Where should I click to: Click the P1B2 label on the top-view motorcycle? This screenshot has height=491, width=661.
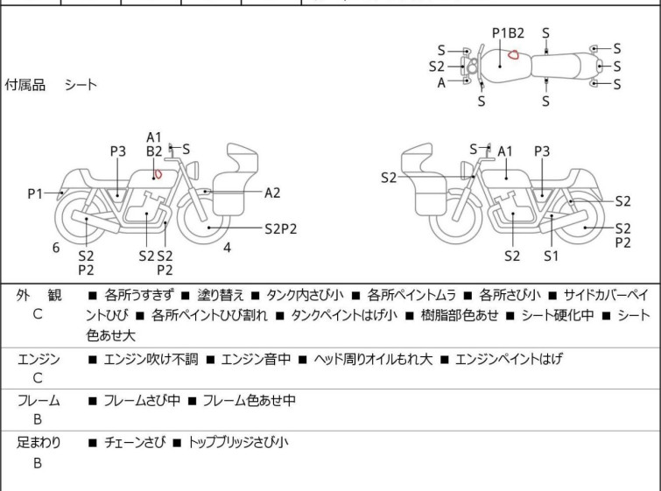(x=508, y=33)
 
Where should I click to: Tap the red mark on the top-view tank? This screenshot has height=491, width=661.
(x=515, y=55)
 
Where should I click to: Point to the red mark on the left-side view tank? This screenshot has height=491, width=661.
(x=158, y=173)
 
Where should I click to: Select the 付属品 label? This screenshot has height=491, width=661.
(x=25, y=85)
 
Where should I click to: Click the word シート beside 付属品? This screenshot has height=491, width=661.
(x=81, y=85)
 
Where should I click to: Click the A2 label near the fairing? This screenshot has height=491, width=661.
(x=272, y=193)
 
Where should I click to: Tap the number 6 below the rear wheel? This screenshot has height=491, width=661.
(x=56, y=248)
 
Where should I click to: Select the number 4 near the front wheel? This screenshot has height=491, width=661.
(x=227, y=248)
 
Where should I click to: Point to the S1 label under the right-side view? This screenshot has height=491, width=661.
(x=551, y=256)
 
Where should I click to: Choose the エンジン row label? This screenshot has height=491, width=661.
(x=39, y=358)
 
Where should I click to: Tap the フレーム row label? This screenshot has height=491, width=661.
(x=39, y=400)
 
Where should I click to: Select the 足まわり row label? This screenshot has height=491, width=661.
(x=39, y=442)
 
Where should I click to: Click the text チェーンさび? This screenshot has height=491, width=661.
(x=132, y=443)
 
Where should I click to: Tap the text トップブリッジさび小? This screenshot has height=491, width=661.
(x=237, y=443)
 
